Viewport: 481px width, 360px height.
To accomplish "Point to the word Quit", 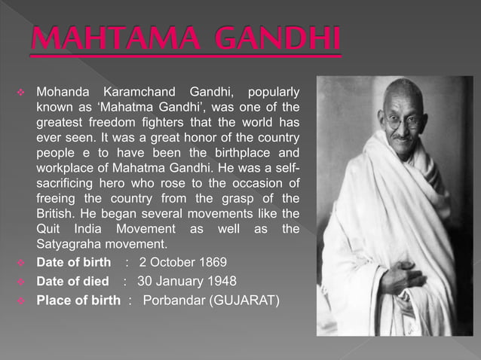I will (49, 229).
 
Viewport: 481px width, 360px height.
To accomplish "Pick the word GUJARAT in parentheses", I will (246, 301).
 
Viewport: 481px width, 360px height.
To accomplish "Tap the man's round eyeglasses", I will (403, 119).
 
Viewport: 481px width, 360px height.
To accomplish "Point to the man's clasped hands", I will (403, 280).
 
